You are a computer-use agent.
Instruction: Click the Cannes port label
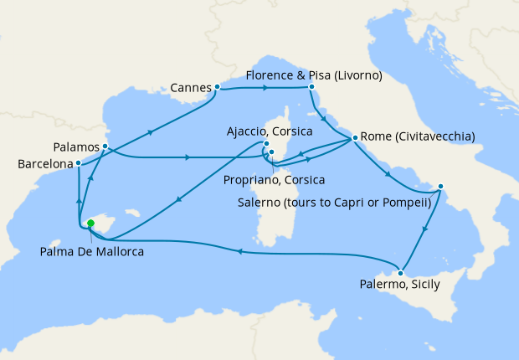[191, 87]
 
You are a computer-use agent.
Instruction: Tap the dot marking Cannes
[217, 86]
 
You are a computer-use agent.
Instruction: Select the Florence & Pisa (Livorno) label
[314, 75]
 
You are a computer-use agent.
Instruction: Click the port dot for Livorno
[311, 87]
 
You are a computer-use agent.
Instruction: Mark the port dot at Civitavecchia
[355, 137]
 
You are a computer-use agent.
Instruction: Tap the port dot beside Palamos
[105, 147]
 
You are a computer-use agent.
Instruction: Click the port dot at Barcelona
[78, 163]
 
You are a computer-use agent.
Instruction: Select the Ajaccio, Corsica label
[270, 131]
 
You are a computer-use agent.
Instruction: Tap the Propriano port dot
[271, 152]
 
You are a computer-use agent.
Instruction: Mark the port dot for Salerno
[441, 186]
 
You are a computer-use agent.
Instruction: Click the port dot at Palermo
[401, 273]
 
